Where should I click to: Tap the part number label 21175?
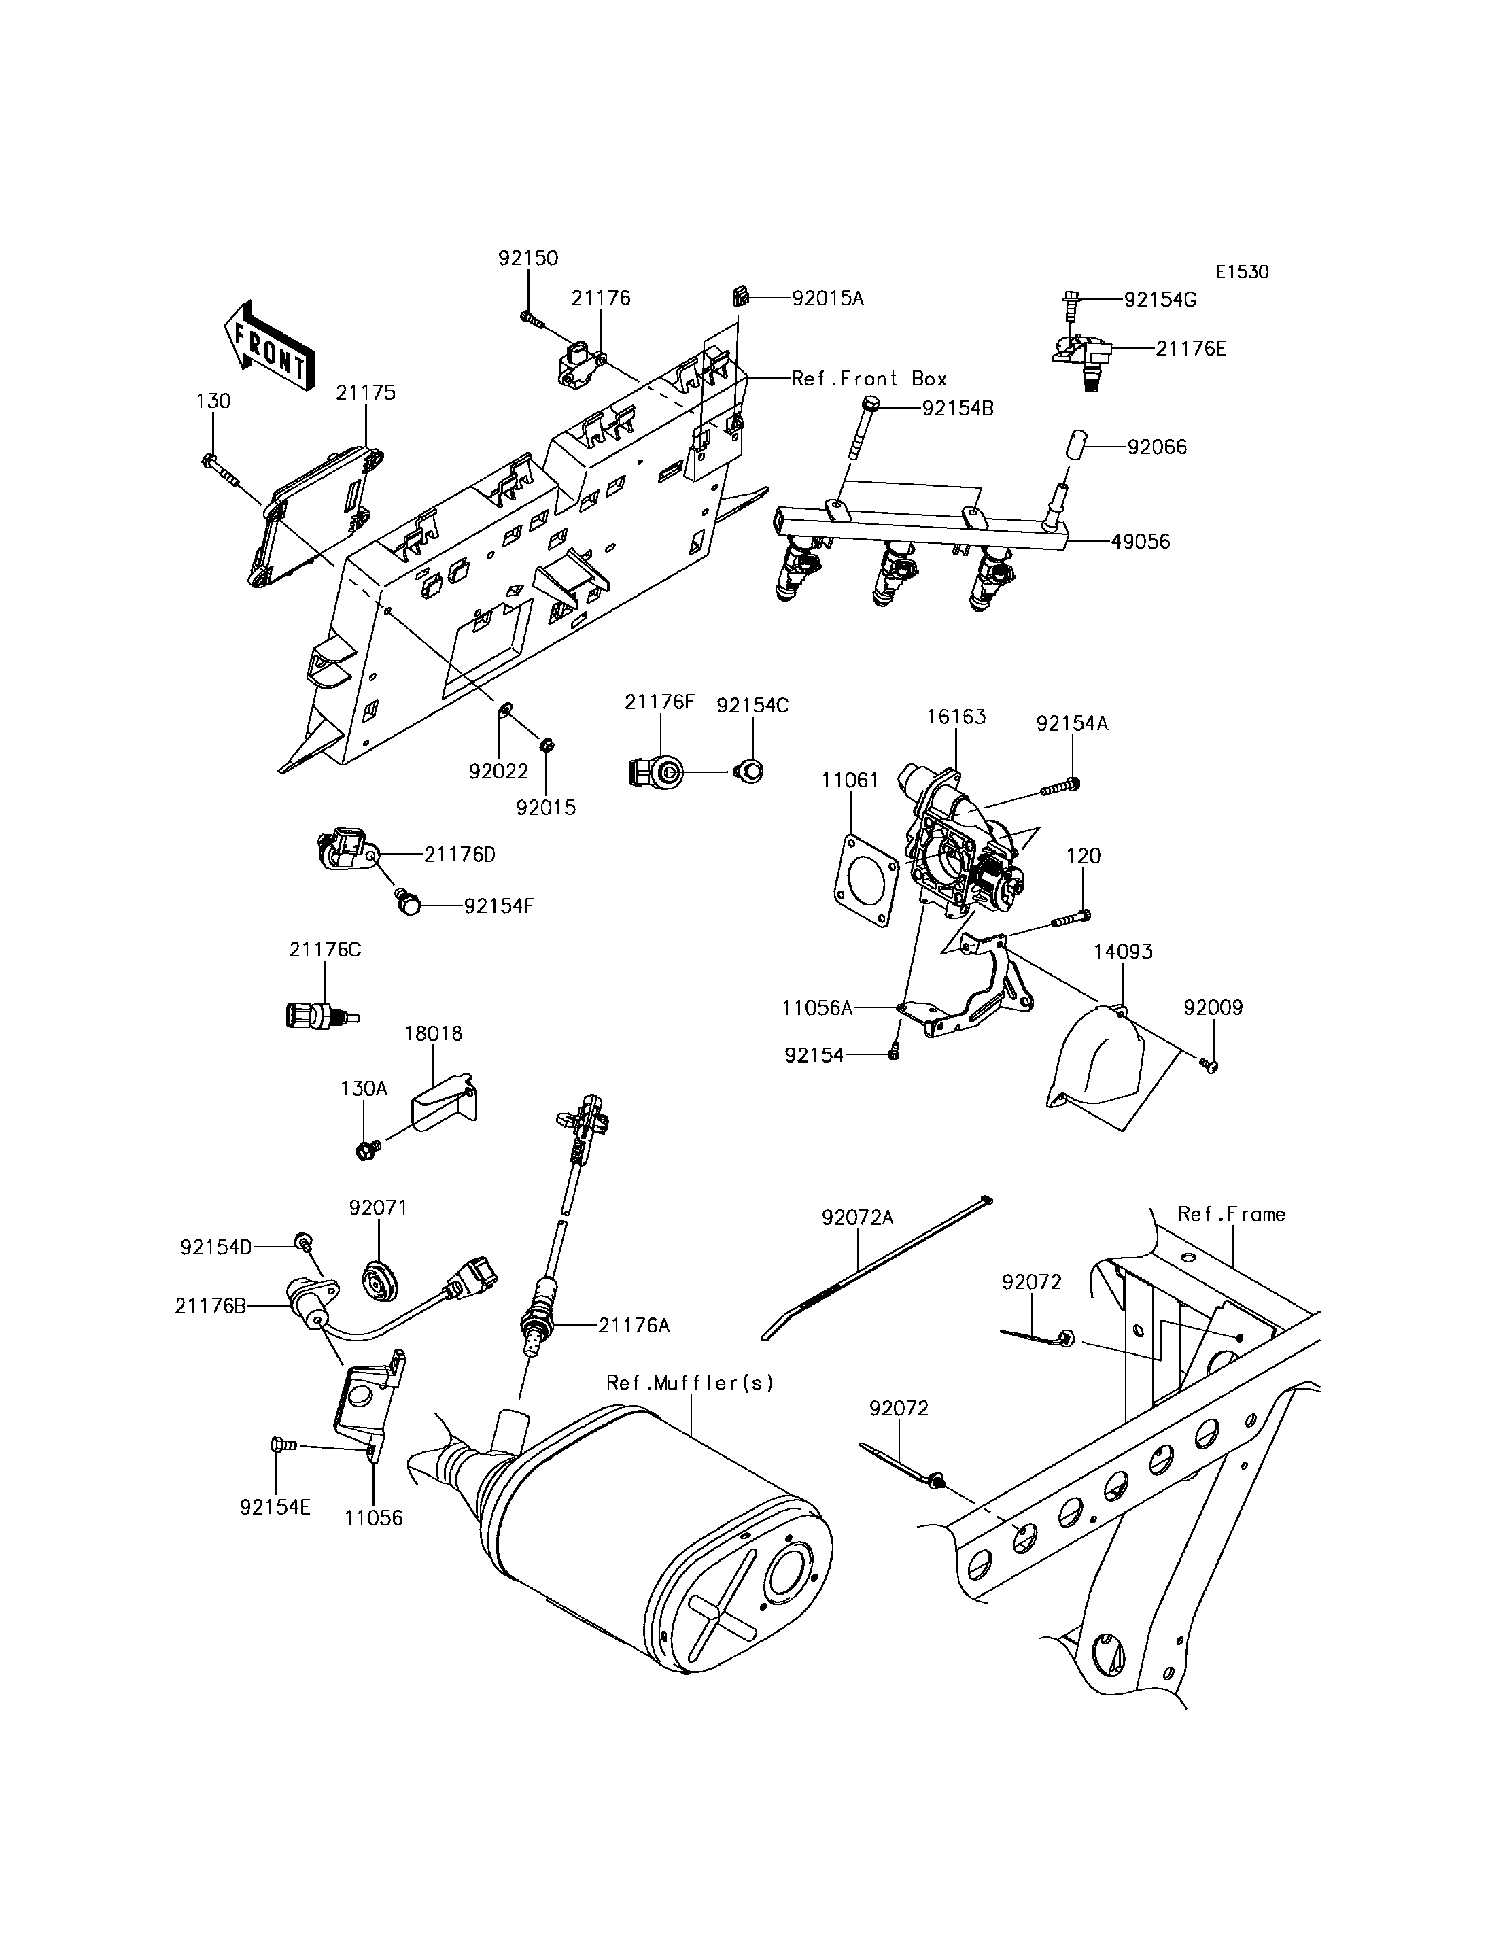(366, 393)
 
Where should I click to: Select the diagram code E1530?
(1242, 273)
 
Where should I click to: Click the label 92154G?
(1160, 300)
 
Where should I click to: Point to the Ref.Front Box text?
(869, 379)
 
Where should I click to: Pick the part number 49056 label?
(1141, 541)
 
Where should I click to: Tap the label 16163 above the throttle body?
(956, 716)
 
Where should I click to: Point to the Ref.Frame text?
(1231, 1214)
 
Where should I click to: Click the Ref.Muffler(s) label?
(690, 1382)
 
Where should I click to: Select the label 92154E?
(275, 1507)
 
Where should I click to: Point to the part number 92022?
(498, 772)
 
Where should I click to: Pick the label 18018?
(434, 1033)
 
